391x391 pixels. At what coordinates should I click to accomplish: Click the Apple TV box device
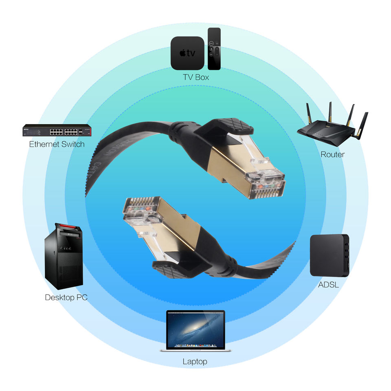187,53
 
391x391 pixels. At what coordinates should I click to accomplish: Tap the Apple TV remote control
214,49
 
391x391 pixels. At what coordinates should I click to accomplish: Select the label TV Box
196,77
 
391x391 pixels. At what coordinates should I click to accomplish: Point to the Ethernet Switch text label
57,144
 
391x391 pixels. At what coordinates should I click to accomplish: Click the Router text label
332,154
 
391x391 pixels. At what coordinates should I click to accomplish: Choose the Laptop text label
195,361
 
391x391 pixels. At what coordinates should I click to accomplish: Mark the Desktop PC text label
66,297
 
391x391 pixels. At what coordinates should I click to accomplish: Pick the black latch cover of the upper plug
228,125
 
